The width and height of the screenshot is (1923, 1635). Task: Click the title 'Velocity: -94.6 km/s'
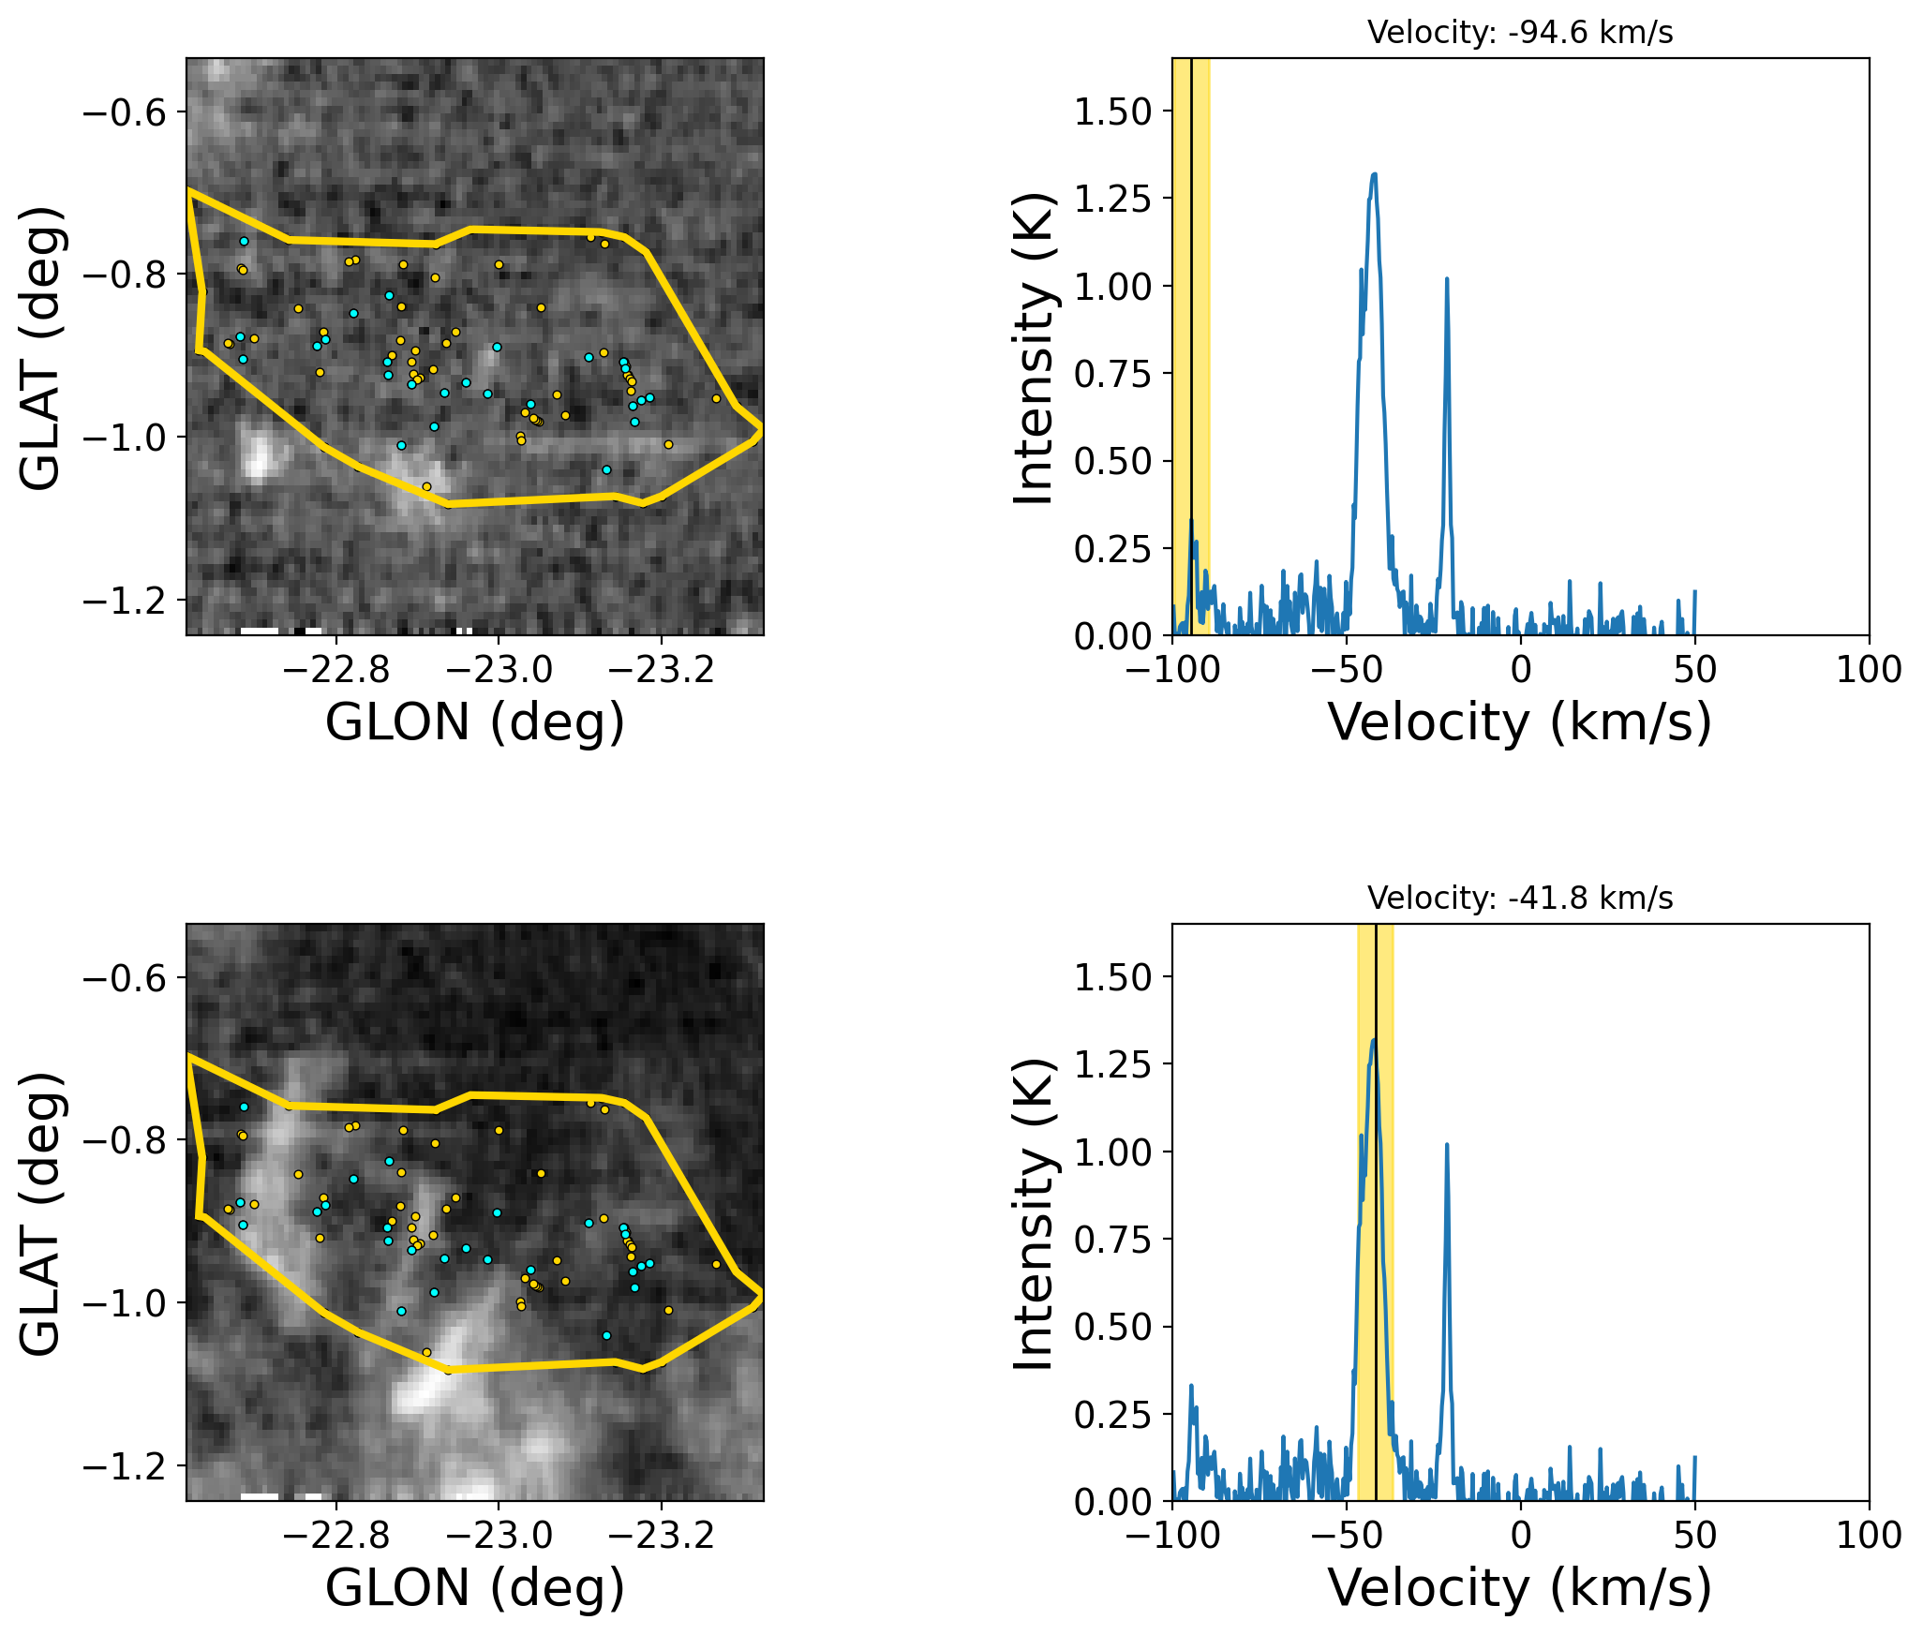point(1519,33)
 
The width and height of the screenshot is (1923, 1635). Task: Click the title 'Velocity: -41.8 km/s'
point(1519,899)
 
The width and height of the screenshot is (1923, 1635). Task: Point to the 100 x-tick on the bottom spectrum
point(1869,1536)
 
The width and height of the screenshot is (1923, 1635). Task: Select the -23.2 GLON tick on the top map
point(662,670)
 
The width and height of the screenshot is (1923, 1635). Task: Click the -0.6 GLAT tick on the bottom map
point(125,978)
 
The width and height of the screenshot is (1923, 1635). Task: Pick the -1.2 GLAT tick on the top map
point(125,600)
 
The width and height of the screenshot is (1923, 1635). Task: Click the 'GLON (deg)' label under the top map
point(474,723)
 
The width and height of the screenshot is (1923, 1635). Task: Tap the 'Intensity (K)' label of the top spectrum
point(1035,348)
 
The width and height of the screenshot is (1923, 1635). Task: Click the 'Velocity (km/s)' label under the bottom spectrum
point(1519,1589)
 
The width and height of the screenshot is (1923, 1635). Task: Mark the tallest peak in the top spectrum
point(1374,174)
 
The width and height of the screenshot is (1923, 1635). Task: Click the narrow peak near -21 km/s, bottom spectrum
point(1447,1145)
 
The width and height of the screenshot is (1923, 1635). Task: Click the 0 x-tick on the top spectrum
point(1520,670)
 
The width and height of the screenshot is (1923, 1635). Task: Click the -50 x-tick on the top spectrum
point(1346,670)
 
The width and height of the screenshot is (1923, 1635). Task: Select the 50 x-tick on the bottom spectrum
point(1694,1536)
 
